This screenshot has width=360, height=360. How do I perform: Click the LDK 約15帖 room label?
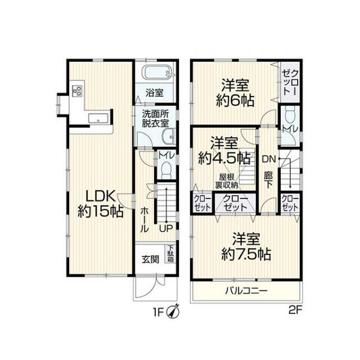click(101, 204)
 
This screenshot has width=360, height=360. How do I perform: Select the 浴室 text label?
click(155, 92)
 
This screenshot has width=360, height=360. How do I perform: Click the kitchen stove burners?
click(77, 91)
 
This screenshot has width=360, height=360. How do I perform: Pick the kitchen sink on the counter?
click(99, 118)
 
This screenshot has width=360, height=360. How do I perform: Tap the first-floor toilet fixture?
click(166, 168)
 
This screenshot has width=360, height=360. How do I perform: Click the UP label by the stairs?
click(165, 228)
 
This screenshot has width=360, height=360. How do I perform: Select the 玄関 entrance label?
click(150, 260)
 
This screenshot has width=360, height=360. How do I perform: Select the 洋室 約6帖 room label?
click(235, 93)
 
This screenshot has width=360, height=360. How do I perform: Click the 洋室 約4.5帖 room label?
click(224, 150)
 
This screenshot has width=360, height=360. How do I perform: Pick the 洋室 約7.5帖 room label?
click(246, 246)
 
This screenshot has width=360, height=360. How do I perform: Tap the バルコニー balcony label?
click(246, 291)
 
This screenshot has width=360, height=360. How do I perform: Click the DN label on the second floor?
click(268, 159)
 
